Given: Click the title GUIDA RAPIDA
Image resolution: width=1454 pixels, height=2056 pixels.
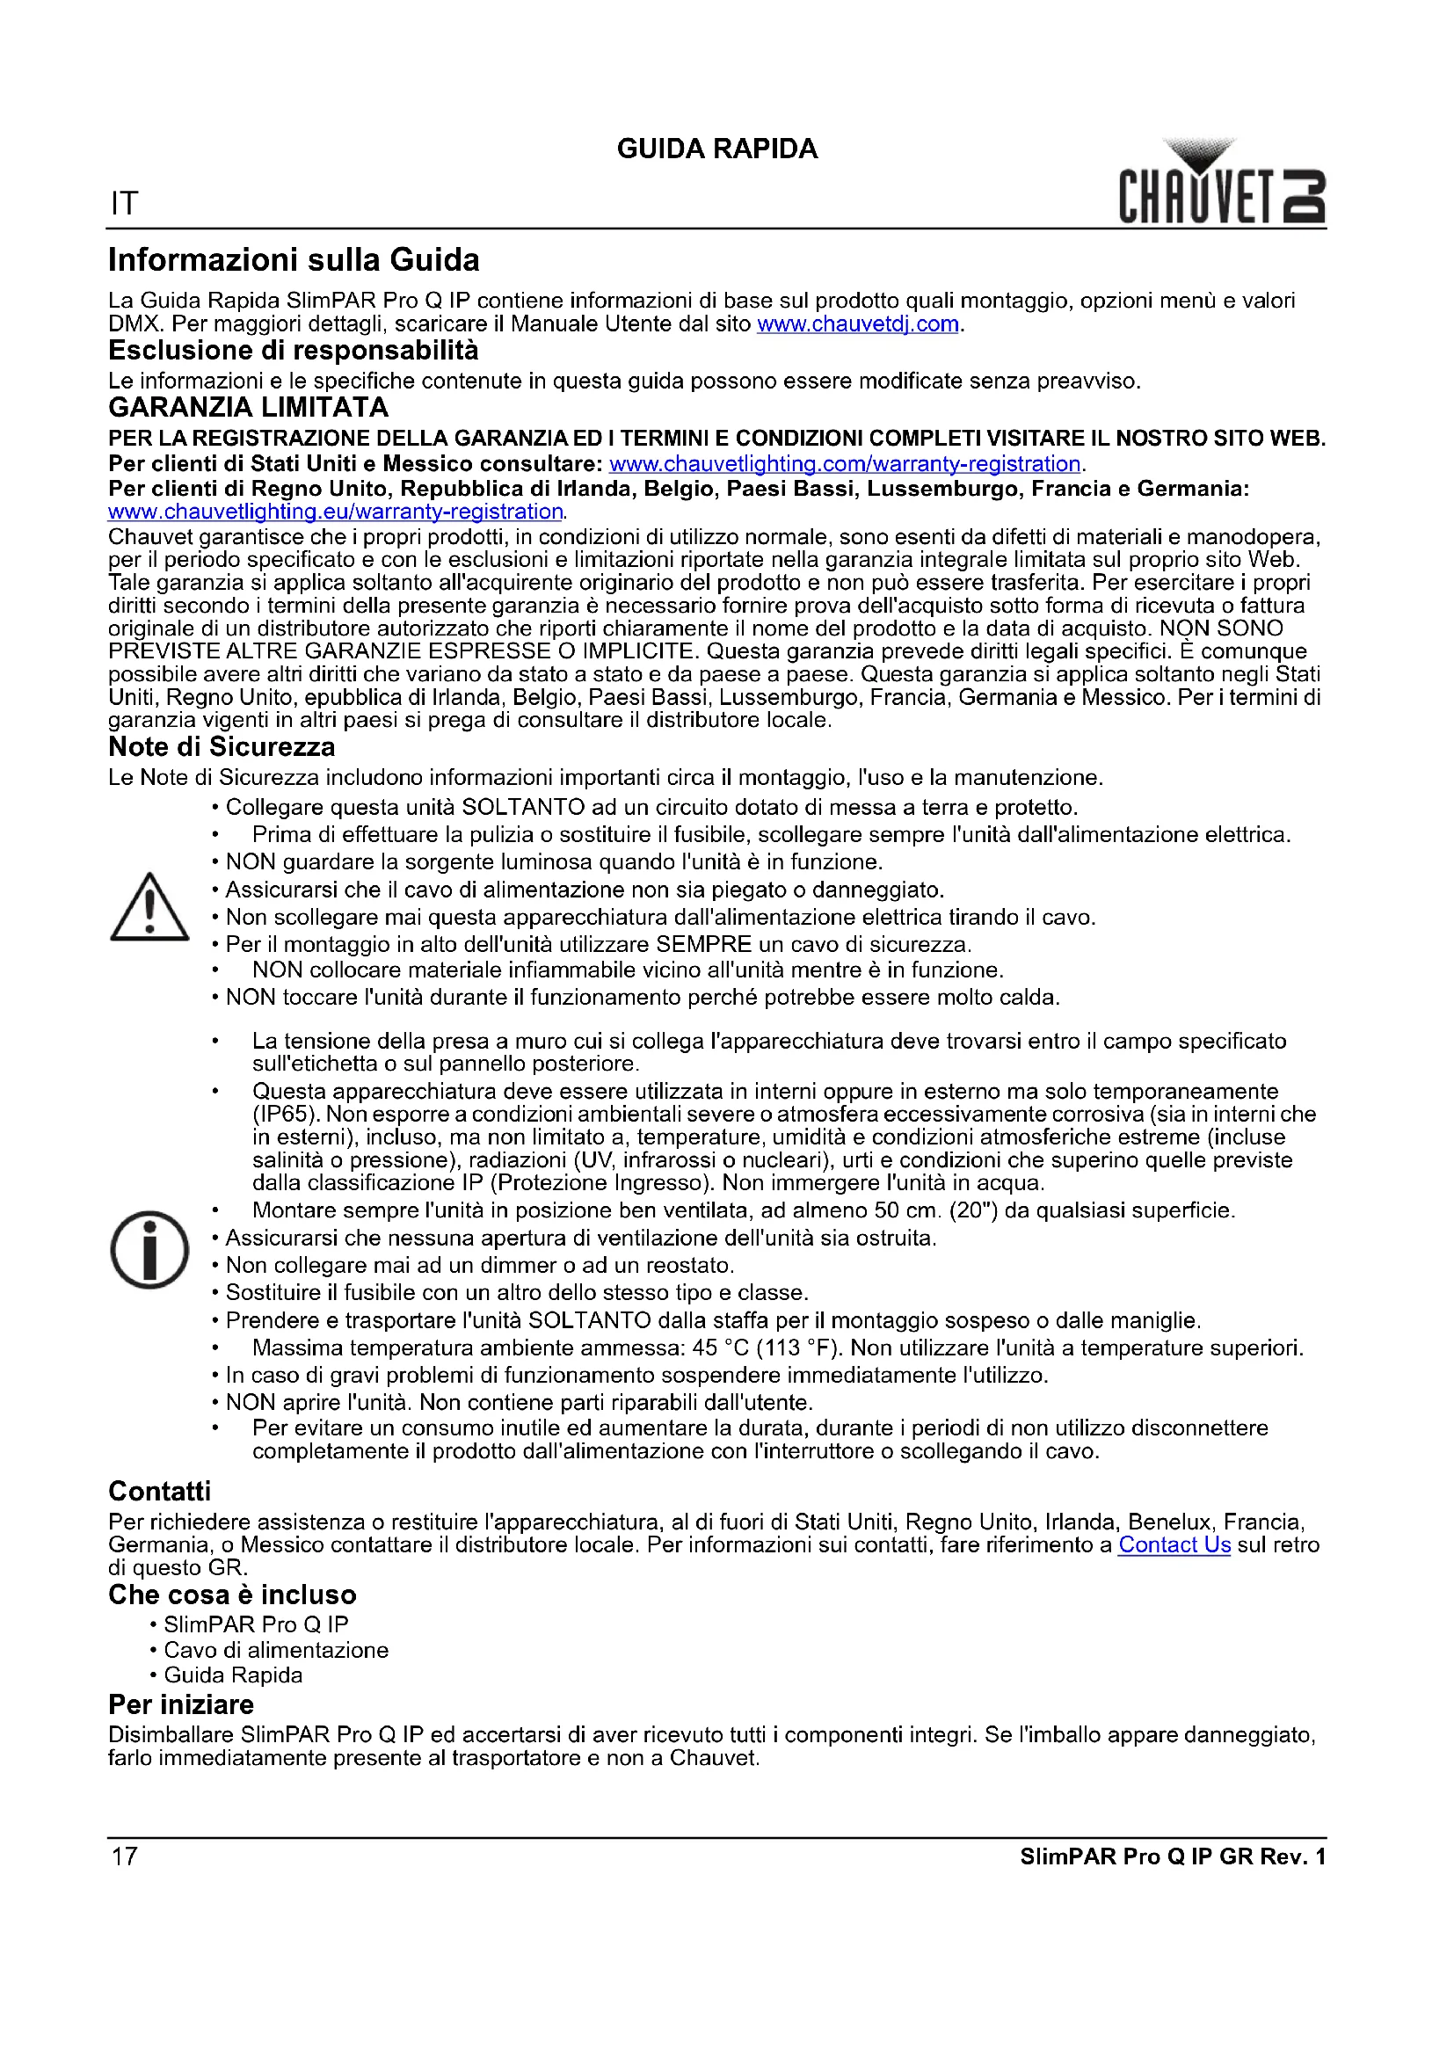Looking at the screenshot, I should [x=717, y=149].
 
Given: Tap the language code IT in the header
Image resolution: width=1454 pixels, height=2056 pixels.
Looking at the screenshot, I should [x=124, y=204].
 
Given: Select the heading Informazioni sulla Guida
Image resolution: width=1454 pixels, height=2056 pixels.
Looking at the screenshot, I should [x=294, y=259].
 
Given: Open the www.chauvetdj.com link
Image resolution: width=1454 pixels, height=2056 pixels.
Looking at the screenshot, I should [x=858, y=324].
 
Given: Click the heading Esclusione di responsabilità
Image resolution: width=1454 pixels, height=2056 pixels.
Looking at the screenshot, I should [x=293, y=350].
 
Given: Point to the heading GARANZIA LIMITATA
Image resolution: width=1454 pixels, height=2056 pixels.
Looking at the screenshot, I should [x=248, y=408].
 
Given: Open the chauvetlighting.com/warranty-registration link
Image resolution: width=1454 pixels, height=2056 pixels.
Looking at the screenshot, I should [x=844, y=464].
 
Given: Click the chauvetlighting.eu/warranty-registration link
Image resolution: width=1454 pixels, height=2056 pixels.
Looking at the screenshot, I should [x=336, y=512].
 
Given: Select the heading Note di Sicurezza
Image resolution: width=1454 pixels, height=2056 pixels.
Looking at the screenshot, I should [x=222, y=747].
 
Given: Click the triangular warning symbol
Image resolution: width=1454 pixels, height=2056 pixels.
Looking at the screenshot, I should [x=149, y=908].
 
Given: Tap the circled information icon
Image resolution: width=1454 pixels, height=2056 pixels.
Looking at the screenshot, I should [x=149, y=1250].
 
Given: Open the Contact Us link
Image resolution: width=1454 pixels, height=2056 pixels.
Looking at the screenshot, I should [x=1174, y=1544].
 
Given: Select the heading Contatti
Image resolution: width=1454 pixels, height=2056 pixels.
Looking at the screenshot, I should [x=159, y=1491].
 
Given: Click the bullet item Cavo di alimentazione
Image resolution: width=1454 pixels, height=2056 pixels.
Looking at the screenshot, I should [x=276, y=1651].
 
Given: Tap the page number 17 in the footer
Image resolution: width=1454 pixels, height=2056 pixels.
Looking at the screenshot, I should [x=125, y=1856].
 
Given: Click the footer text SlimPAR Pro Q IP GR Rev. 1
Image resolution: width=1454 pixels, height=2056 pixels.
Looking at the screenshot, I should [x=1172, y=1856].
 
